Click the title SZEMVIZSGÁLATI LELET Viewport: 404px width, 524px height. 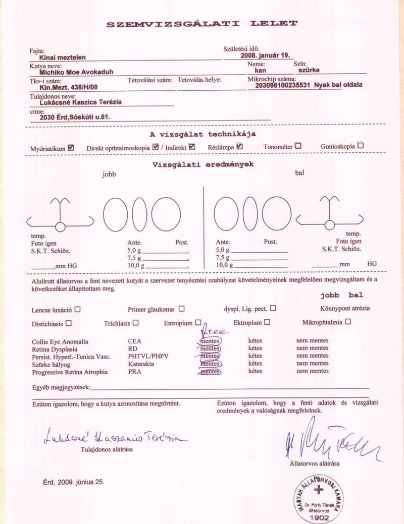click(x=202, y=24)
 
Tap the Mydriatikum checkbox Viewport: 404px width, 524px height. click(x=71, y=147)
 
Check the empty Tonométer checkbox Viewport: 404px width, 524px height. click(x=298, y=146)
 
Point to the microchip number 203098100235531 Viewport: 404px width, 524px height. click(x=283, y=85)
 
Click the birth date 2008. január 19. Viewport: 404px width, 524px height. click(x=265, y=56)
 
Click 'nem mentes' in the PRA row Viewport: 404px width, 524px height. click(x=312, y=371)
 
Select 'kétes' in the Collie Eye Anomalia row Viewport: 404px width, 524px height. click(x=255, y=341)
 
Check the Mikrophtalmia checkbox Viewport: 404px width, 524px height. click(x=348, y=321)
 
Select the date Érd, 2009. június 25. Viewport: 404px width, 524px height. click(x=74, y=482)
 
